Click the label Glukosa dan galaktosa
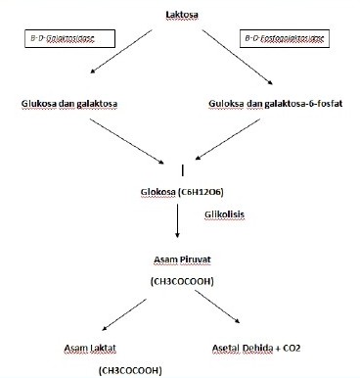[67, 103]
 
